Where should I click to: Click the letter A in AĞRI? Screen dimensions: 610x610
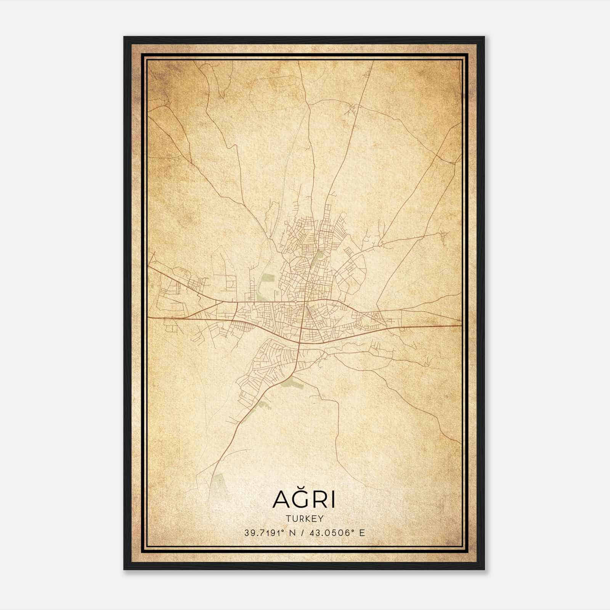click(x=281, y=500)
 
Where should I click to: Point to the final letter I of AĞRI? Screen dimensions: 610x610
click(x=332, y=500)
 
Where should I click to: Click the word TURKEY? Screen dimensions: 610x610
click(x=304, y=518)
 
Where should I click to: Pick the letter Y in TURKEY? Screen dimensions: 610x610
click(x=321, y=518)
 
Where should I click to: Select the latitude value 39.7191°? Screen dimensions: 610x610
click(x=264, y=533)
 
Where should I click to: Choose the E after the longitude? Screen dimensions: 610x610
click(x=362, y=533)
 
